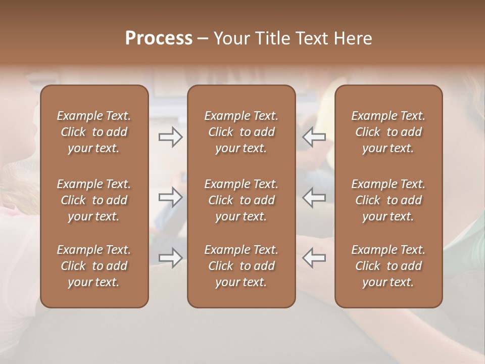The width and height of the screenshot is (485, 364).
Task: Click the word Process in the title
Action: tap(159, 38)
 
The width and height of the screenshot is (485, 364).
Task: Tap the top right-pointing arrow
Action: tap(171, 137)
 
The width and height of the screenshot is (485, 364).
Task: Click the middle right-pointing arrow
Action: tap(171, 197)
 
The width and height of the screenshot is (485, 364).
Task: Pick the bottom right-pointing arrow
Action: tap(171, 257)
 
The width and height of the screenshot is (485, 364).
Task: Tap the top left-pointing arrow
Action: tap(314, 137)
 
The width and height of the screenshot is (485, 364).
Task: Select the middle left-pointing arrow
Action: tap(314, 197)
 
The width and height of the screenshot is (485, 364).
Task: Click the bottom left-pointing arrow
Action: tap(314, 257)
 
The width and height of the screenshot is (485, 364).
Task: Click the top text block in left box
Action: tap(94, 132)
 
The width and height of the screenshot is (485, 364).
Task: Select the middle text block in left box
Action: tap(94, 200)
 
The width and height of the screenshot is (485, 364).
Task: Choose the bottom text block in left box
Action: tap(94, 266)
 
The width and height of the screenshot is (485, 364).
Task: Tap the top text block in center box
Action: tap(241, 132)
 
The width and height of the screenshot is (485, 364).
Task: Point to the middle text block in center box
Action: tap(241, 200)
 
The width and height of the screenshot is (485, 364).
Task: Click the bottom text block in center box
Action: tap(241, 266)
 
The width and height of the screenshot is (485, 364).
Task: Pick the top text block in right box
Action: tap(389, 132)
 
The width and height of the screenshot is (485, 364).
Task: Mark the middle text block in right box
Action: tap(389, 200)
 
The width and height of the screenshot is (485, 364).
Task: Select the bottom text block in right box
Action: tap(389, 266)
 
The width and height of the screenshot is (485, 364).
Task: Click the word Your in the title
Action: tap(231, 38)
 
